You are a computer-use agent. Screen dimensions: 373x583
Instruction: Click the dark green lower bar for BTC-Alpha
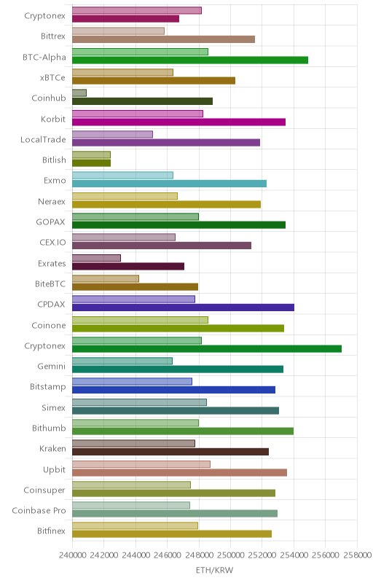coord(190,60)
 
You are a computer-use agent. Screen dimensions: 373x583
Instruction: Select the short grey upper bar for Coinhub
coord(79,93)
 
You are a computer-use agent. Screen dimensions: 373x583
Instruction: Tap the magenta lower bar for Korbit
coord(178,122)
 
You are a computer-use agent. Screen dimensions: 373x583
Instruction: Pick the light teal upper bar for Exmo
coord(122,175)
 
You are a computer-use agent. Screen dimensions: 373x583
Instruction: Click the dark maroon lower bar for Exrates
coord(128,266)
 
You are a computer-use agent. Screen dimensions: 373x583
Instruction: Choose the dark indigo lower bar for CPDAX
coord(183,308)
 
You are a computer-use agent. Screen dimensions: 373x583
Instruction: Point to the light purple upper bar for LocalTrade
coord(112,134)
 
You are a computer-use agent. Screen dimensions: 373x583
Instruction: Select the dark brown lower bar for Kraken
coord(170,452)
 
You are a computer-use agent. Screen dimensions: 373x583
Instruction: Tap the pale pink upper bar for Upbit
coord(141,464)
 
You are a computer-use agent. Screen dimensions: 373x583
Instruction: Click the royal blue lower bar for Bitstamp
coord(173,390)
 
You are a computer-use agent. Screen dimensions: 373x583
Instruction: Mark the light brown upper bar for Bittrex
coord(118,31)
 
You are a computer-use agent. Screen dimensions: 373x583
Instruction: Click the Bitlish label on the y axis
coord(54,160)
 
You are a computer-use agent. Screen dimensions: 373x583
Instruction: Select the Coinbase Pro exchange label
coord(39,511)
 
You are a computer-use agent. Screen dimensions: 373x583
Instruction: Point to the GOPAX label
coord(50,222)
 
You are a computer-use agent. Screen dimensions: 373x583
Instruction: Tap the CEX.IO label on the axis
coord(52,243)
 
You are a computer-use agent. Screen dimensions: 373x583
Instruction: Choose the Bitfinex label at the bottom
coord(51,531)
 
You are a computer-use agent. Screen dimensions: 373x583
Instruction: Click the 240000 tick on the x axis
coord(72,555)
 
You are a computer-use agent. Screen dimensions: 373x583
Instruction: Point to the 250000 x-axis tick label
coord(230,555)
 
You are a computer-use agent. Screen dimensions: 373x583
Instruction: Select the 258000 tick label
coord(357,555)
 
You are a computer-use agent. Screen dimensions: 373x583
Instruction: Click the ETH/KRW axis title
coord(214,571)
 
